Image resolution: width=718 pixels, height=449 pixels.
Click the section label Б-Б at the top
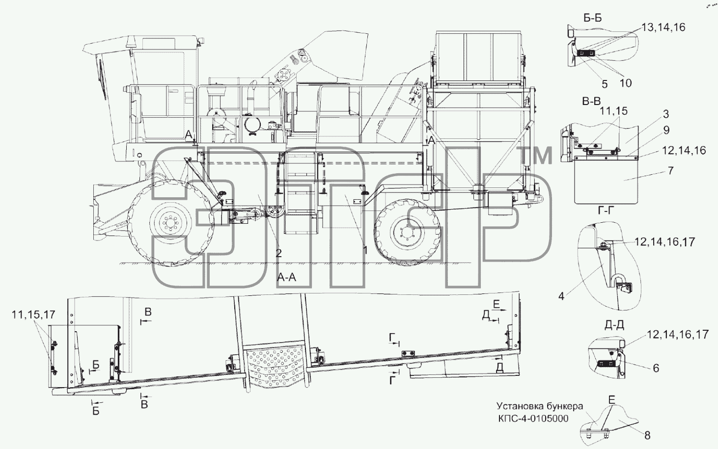592,18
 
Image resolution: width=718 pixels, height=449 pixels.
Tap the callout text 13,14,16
663,27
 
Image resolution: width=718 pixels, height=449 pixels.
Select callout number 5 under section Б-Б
605,84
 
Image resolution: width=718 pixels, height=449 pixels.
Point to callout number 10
625,83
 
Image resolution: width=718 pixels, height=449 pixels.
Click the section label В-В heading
591,102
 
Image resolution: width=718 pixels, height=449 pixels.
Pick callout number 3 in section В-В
666,114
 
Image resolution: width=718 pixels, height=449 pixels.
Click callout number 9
666,131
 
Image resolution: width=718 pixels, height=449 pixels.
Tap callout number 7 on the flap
670,170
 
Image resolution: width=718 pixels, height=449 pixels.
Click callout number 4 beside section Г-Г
561,296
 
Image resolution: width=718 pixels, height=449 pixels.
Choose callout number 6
656,369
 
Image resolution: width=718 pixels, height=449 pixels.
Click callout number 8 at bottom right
647,436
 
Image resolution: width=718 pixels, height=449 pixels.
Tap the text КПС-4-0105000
533,419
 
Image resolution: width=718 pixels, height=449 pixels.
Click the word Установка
516,407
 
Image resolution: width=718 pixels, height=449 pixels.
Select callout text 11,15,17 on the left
34,315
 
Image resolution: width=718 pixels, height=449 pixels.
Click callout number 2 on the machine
278,253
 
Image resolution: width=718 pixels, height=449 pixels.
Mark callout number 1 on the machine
365,250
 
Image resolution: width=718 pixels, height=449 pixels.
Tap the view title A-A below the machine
286,277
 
